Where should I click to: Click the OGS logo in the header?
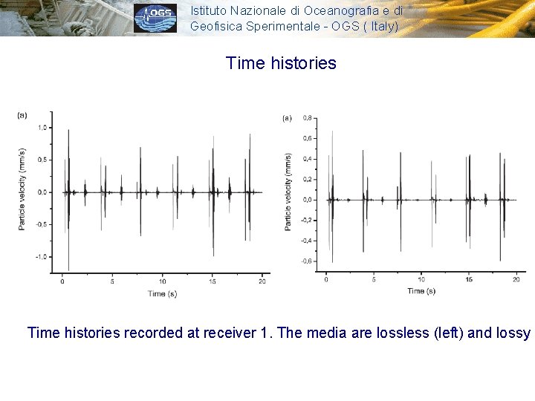pyautogui.click(x=155, y=19)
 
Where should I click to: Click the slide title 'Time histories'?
pyautogui.click(x=281, y=63)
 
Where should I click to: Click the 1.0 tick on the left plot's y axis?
pyautogui.click(x=42, y=128)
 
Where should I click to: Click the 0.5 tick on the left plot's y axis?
pyautogui.click(x=42, y=160)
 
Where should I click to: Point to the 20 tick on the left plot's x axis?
pyautogui.click(x=262, y=282)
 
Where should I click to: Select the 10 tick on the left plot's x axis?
pyautogui.click(x=162, y=282)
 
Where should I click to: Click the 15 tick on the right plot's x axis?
pyautogui.click(x=469, y=279)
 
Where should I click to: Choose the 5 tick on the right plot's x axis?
pyautogui.click(x=374, y=279)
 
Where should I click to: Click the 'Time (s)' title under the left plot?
pyautogui.click(x=157, y=293)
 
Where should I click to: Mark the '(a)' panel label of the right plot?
pyautogui.click(x=287, y=117)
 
